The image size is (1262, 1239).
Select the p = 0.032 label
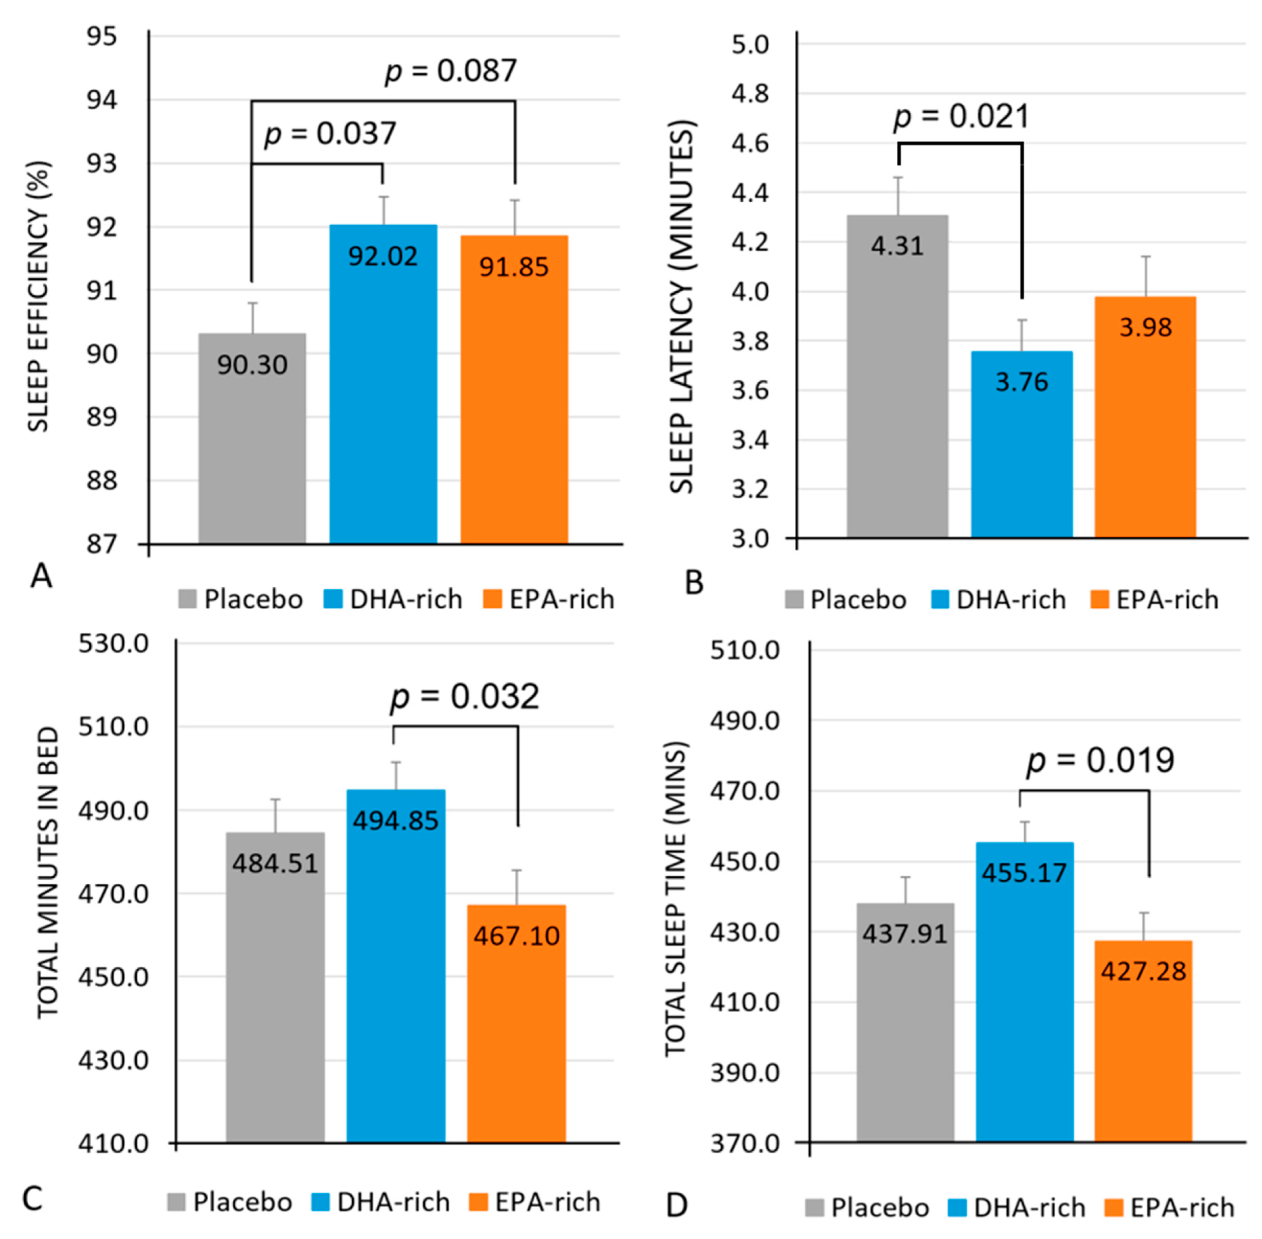pos(465,696)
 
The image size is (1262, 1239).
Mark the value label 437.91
pos(904,934)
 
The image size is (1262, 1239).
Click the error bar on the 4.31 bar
pos(898,195)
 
